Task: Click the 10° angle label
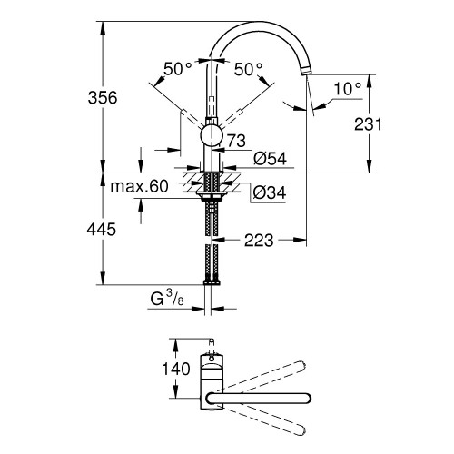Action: (346, 89)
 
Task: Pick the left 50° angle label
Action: (177, 69)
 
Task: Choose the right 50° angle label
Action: (247, 69)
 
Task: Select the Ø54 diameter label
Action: (271, 158)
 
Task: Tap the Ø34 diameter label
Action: (270, 192)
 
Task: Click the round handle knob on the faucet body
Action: (210, 137)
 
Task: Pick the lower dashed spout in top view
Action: (272, 421)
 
